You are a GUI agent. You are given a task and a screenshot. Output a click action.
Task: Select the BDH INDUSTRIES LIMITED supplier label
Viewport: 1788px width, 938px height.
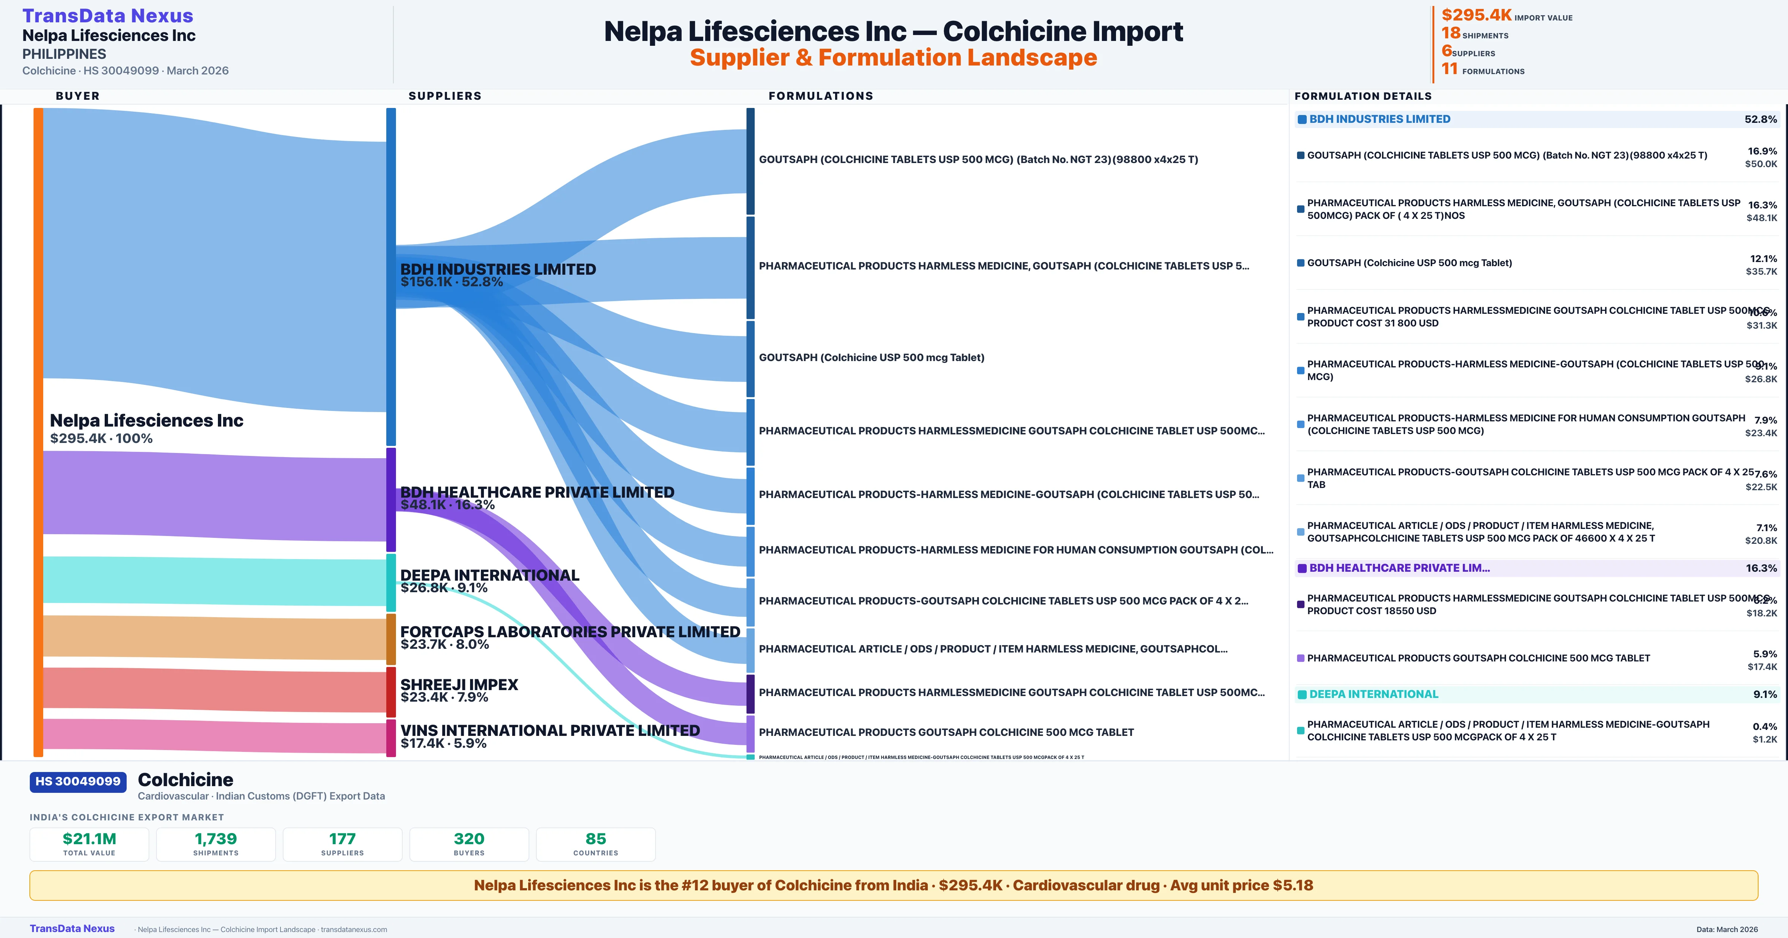tap(498, 269)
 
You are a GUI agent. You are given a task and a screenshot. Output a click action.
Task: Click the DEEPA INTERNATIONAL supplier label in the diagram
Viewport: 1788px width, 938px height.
tap(489, 575)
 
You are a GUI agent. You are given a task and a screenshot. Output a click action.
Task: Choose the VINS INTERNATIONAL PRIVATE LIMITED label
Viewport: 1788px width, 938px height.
tap(550, 731)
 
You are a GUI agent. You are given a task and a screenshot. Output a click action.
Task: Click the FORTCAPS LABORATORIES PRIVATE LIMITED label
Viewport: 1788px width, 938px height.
tap(570, 632)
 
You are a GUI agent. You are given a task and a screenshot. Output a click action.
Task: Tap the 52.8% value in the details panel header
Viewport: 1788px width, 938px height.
tap(1760, 119)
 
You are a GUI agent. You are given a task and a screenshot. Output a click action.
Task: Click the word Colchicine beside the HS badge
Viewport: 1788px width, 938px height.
tap(186, 780)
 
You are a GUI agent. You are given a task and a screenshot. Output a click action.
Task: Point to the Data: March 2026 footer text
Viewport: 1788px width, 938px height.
tap(1727, 929)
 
